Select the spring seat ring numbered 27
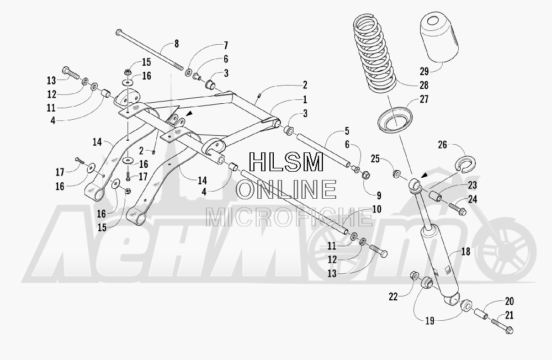tap(395, 121)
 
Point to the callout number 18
tap(466, 252)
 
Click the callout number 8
tap(177, 44)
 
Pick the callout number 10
tap(376, 209)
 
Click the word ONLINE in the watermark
tap(286, 189)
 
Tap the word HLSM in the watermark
tap(286, 162)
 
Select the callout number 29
tap(424, 71)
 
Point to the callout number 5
tap(347, 131)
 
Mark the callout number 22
tap(393, 297)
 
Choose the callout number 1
tap(305, 100)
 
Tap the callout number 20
tap(509, 301)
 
